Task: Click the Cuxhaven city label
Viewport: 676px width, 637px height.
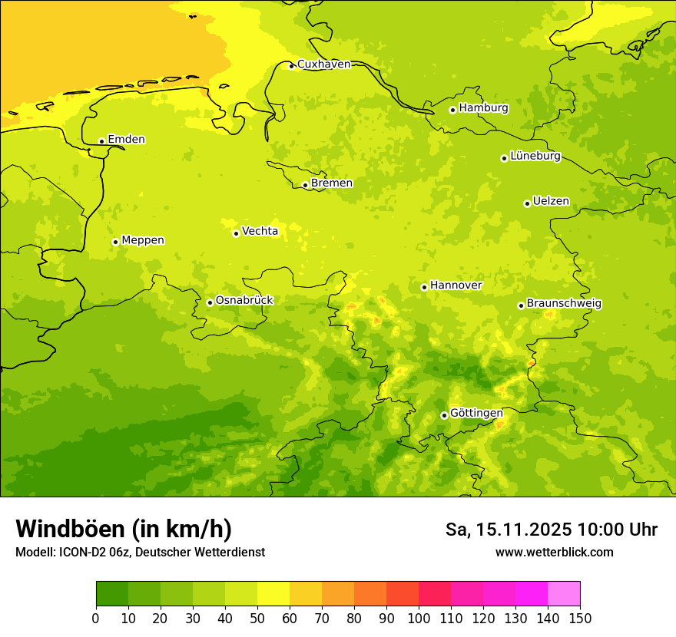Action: (323, 64)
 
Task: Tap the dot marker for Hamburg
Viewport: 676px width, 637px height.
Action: (453, 110)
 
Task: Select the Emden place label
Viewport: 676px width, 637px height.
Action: (126, 140)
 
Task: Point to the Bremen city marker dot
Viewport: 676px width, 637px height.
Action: (305, 185)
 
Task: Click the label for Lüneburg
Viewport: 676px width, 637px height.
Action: (535, 156)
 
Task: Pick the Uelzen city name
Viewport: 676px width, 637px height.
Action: (551, 201)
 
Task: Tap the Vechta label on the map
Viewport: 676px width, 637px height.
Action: (260, 231)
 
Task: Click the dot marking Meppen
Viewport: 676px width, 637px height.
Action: (115, 242)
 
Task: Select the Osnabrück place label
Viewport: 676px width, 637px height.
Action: (244, 301)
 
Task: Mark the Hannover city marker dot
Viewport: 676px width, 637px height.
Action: (424, 287)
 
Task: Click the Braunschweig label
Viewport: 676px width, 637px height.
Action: (564, 304)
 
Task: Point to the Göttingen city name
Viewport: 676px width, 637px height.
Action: (476, 413)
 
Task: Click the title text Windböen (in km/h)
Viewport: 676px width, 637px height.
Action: (124, 530)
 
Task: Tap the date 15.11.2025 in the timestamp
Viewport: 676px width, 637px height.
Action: (524, 530)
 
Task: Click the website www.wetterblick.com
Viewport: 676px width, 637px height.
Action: (554, 553)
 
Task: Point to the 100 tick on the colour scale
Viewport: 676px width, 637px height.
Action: (419, 618)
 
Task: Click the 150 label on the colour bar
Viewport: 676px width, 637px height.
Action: (580, 618)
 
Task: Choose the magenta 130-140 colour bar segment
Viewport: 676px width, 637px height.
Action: (532, 594)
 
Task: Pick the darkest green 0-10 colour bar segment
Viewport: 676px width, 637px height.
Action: (112, 594)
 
